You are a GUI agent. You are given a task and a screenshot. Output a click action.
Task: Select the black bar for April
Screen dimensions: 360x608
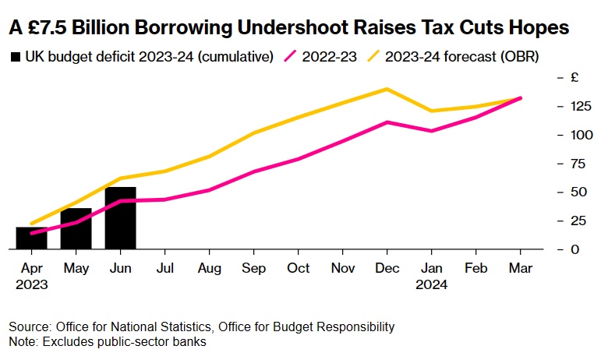tap(31, 238)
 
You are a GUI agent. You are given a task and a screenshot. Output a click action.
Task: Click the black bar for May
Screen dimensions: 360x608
tap(76, 229)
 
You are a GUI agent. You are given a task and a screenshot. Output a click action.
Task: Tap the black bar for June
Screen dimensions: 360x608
tap(120, 218)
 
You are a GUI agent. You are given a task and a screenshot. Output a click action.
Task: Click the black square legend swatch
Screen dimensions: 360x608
tap(15, 57)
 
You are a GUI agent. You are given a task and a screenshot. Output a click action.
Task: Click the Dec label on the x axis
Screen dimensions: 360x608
tap(387, 268)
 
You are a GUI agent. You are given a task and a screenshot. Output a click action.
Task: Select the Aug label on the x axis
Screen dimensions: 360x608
tap(209, 268)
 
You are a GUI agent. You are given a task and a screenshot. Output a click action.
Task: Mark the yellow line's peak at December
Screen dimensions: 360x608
tap(387, 89)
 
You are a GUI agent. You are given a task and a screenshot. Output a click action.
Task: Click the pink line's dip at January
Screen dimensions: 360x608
tap(431, 130)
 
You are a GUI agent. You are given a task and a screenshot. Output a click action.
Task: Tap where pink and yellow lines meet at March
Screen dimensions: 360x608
tap(520, 98)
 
